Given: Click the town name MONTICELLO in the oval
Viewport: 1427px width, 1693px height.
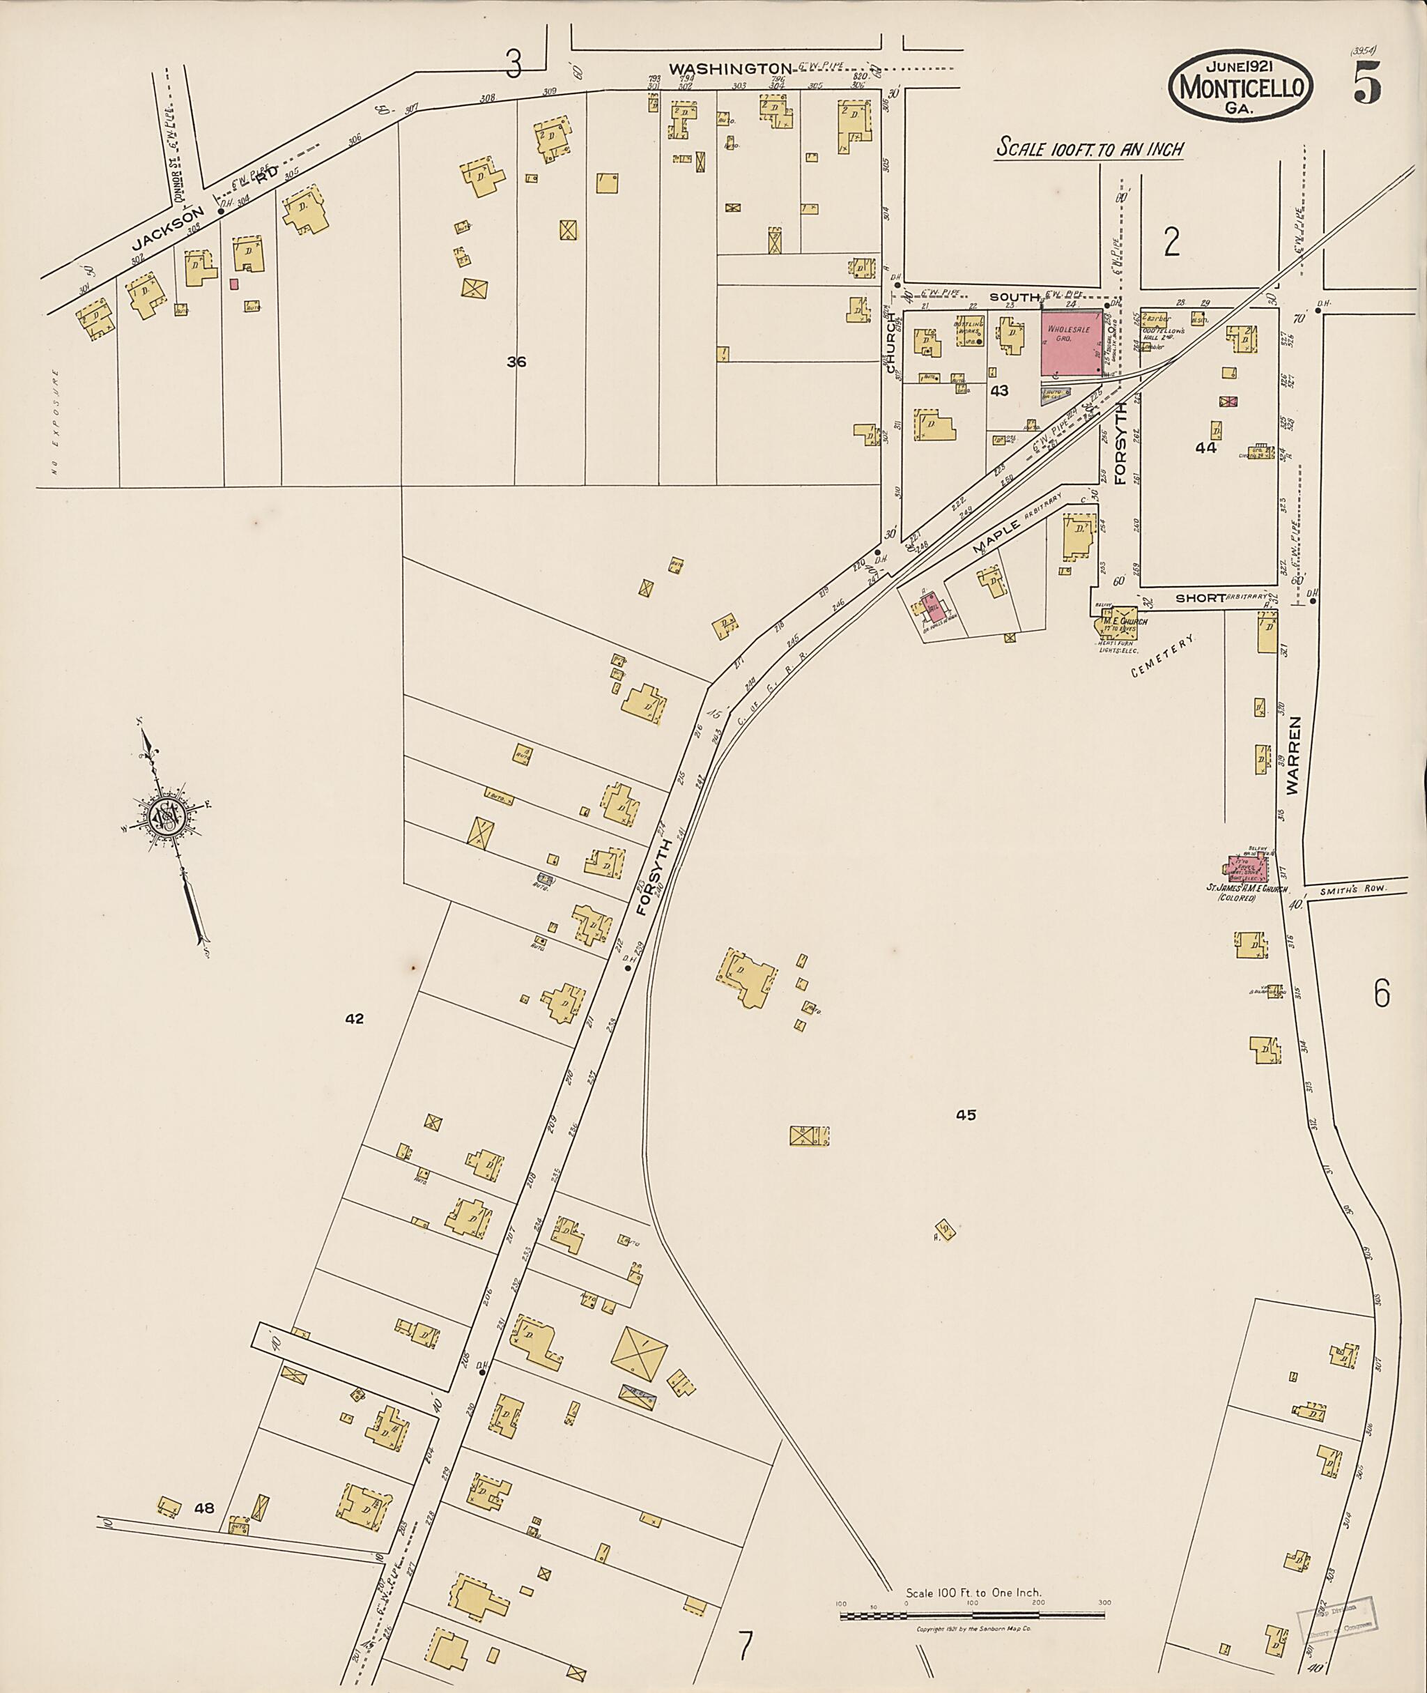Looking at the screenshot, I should pos(1240,86).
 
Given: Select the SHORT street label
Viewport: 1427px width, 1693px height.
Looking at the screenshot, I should pos(1200,598).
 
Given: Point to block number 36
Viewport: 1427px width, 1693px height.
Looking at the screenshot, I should pos(516,362).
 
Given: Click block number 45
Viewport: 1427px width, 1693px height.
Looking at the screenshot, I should pos(965,1115).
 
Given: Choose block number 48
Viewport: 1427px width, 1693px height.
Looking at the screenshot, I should pos(204,1508).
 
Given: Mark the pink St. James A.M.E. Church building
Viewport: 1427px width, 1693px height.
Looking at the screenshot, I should pos(1247,867).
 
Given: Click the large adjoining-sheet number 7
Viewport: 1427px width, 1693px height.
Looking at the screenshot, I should pos(745,1644).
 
